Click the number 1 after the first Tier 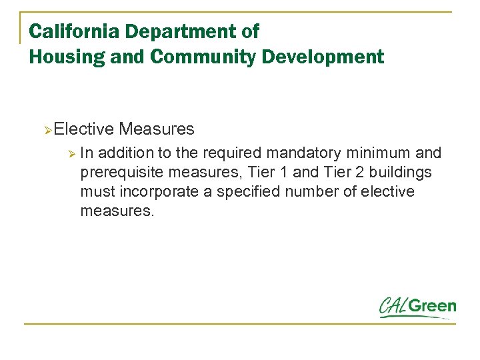tap(285, 173)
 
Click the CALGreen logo tap(417, 307)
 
